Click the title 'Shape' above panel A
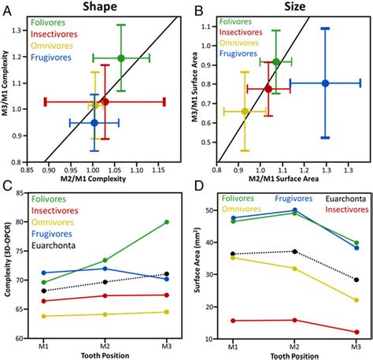click(x=100, y=6)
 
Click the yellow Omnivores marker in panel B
click(x=245, y=111)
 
